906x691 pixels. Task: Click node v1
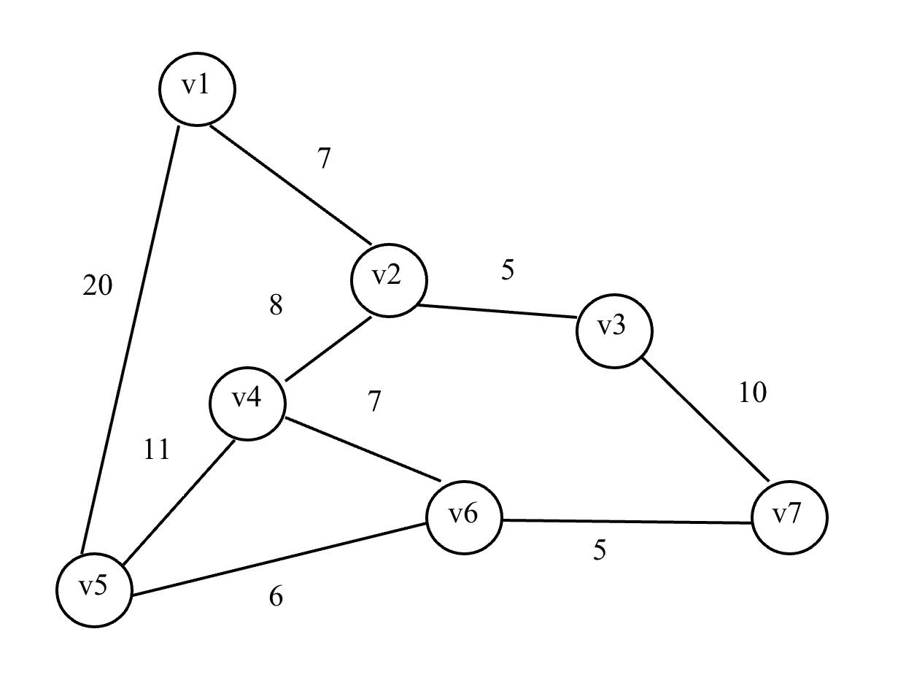point(197,89)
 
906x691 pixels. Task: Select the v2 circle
point(388,280)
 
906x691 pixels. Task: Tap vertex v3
point(613,331)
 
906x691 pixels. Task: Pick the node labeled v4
point(247,403)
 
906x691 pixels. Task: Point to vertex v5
point(95,589)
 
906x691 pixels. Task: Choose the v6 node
point(464,517)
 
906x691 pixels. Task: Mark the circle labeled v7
point(789,517)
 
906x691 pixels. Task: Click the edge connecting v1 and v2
point(290,185)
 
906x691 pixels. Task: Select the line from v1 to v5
point(130,340)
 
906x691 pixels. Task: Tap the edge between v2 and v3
point(496,312)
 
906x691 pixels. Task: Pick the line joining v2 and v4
point(328,349)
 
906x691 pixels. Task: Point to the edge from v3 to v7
point(705,420)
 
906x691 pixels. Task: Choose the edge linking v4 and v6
point(363,449)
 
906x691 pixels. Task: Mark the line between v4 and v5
point(179,502)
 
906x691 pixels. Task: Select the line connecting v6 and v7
point(627,521)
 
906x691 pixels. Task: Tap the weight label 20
point(98,286)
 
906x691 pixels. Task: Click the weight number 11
point(156,449)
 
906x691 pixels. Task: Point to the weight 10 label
point(752,393)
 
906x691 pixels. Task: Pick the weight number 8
point(276,306)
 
